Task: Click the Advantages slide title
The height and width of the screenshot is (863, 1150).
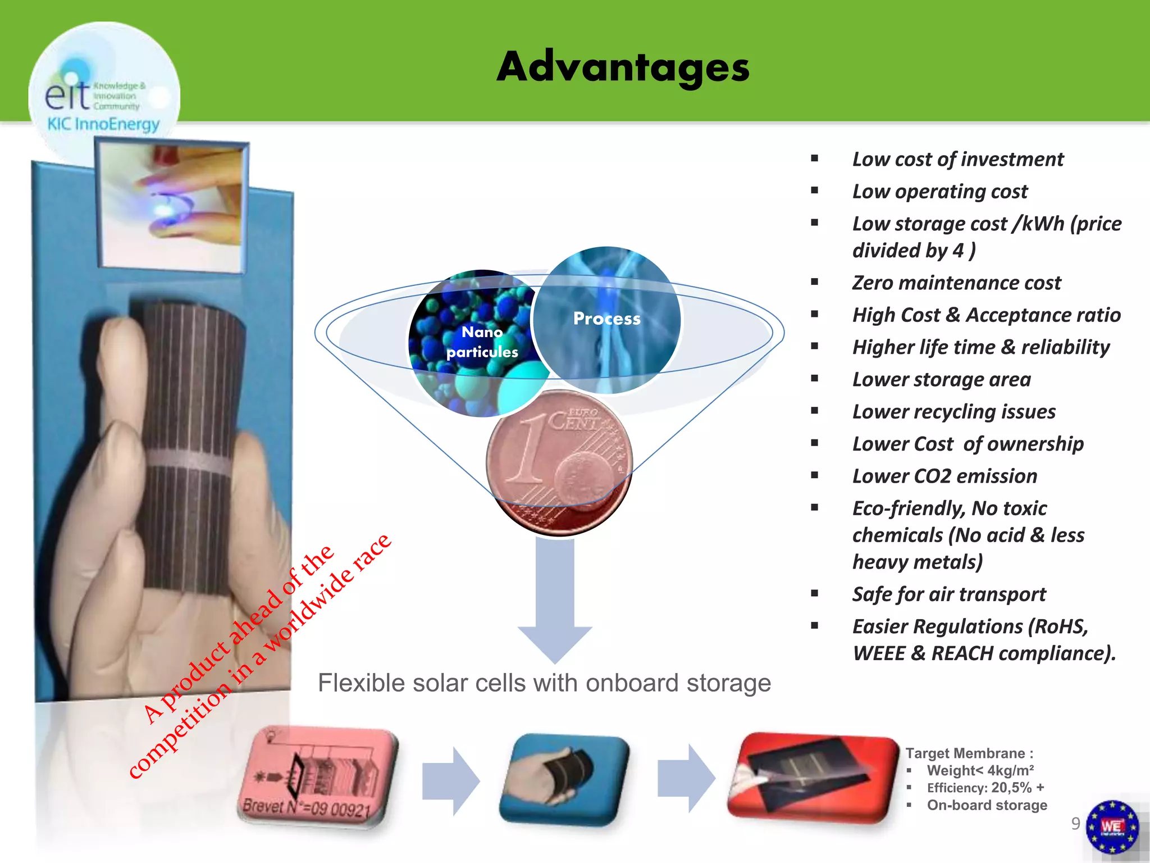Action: tap(623, 67)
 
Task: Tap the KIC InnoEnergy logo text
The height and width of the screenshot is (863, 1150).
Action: tap(103, 124)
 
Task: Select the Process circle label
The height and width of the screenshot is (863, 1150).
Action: tap(606, 319)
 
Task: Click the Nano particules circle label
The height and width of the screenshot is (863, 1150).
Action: tap(482, 342)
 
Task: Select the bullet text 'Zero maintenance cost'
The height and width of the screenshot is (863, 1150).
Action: tap(956, 283)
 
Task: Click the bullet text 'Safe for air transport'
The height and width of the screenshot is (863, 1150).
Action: tap(949, 594)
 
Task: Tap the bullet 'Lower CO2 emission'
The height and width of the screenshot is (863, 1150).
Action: tap(944, 476)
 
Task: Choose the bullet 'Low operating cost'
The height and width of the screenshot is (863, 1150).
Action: tap(940, 192)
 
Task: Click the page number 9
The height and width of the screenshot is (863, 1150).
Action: tap(1075, 823)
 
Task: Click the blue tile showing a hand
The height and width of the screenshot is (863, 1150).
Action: tap(564, 778)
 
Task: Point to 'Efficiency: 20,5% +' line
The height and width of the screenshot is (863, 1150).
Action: tap(985, 788)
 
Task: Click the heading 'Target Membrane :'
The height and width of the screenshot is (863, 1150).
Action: tap(969, 753)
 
